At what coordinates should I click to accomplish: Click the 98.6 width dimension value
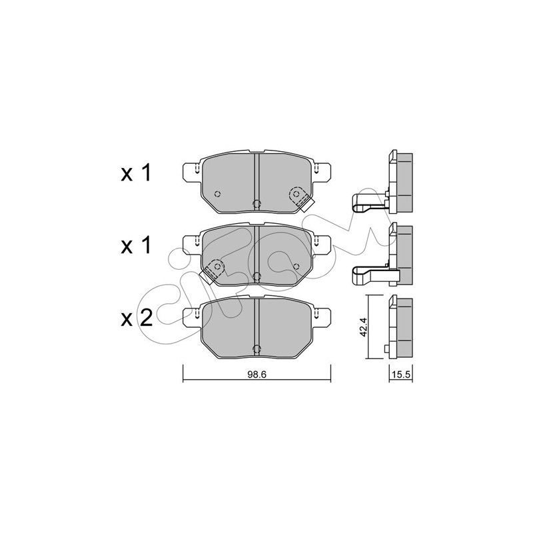[257, 374]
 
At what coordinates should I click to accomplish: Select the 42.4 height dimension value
[363, 327]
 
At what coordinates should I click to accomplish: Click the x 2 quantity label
[137, 318]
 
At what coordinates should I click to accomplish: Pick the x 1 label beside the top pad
[136, 174]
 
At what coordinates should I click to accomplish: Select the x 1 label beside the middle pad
[136, 246]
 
